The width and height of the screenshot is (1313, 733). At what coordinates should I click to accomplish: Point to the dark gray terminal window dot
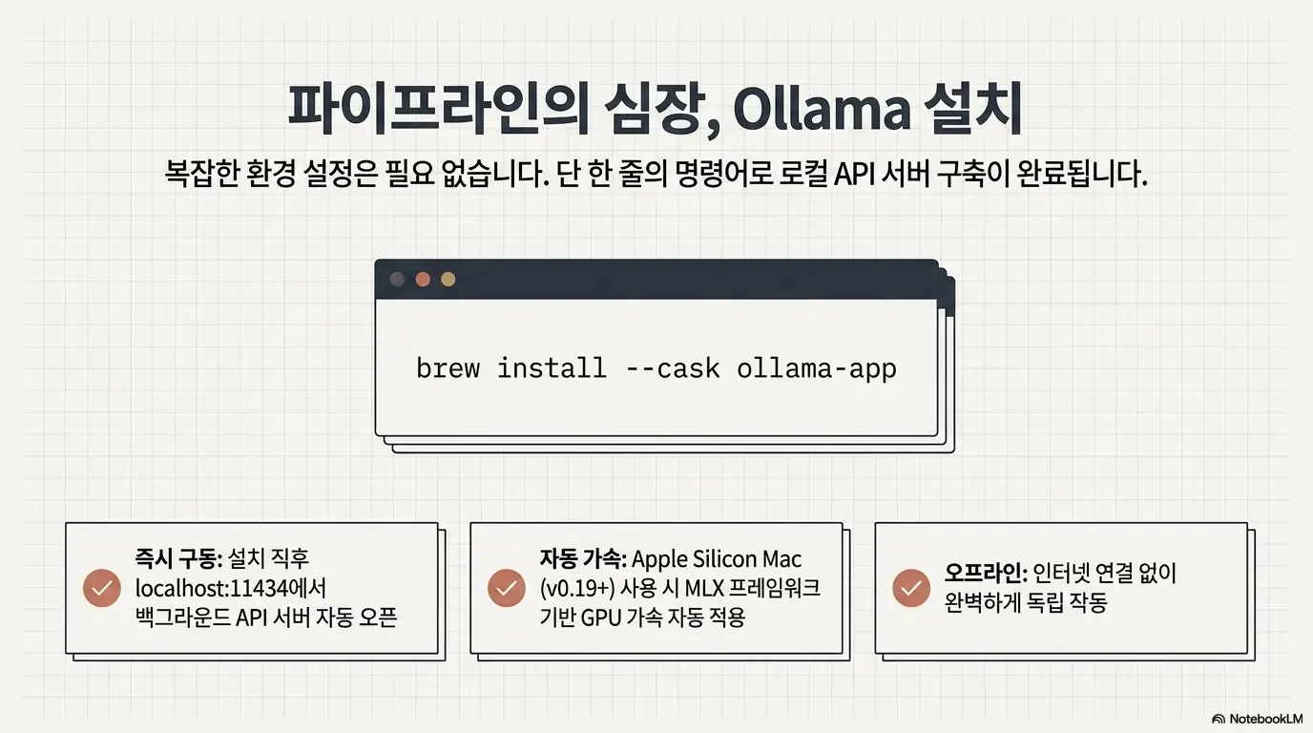(x=398, y=280)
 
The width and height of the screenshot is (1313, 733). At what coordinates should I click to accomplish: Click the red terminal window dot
(x=423, y=280)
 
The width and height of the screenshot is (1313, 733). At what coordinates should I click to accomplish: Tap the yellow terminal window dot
(x=448, y=280)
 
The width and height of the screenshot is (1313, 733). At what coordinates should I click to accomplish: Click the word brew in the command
(x=448, y=368)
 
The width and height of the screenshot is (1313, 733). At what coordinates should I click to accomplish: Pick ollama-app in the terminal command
(x=817, y=368)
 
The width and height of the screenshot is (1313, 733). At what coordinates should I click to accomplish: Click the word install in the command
(x=552, y=368)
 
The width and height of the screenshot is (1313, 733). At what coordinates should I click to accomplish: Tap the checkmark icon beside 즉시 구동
(x=102, y=588)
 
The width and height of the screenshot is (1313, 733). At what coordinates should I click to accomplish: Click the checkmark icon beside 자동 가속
(x=507, y=588)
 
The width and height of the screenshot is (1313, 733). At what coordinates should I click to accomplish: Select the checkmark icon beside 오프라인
(x=911, y=588)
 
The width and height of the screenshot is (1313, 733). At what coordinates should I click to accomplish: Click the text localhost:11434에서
(x=231, y=588)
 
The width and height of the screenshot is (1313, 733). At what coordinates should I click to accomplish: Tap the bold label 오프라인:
(x=986, y=574)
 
